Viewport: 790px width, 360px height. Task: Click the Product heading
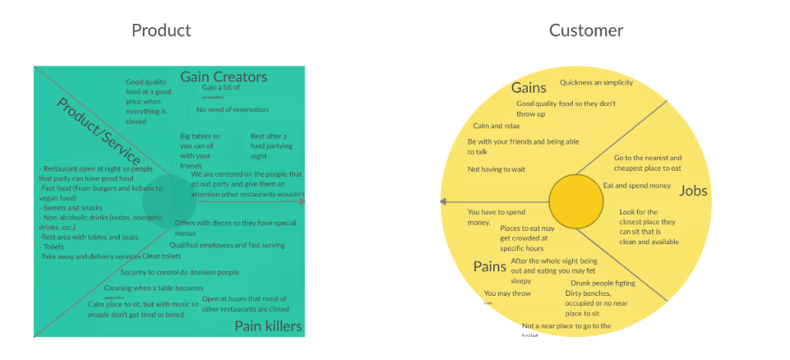point(161,31)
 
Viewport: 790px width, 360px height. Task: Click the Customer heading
point(586,31)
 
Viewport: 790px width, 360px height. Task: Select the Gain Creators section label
point(223,76)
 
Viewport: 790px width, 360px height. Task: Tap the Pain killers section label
point(267,326)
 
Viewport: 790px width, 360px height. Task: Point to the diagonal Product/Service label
point(97,130)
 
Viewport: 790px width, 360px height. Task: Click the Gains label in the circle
point(529,88)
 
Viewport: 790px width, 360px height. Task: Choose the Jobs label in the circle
point(693,191)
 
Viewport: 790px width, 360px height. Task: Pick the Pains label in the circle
point(489,267)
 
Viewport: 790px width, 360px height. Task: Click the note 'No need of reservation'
point(233,110)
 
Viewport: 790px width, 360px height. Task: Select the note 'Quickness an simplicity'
point(596,83)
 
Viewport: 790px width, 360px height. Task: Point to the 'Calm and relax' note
point(496,126)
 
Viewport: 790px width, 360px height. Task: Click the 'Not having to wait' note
point(495,169)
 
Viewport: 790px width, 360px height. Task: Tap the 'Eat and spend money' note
point(637,185)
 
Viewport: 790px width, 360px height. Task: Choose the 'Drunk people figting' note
point(602,284)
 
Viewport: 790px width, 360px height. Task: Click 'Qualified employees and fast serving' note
point(226,245)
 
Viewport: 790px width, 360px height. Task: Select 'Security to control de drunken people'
point(179,272)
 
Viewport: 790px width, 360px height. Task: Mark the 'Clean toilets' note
point(162,256)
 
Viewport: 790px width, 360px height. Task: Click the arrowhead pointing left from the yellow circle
point(443,202)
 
